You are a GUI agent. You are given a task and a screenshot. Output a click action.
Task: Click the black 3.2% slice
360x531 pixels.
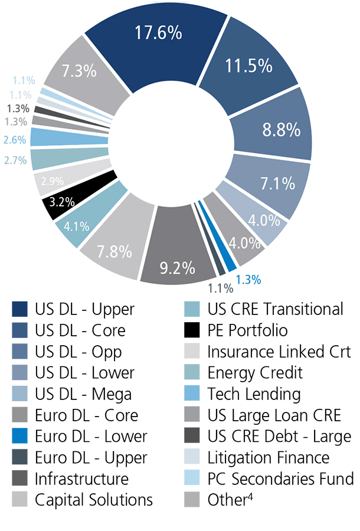[63, 202]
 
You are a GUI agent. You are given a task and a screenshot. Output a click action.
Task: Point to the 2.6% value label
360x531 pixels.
[14, 140]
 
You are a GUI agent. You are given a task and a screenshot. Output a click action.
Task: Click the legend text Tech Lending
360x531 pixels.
[254, 394]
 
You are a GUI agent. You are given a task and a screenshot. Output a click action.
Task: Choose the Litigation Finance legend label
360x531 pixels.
[268, 457]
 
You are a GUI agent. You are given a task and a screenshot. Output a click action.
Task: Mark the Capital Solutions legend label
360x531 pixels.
[94, 500]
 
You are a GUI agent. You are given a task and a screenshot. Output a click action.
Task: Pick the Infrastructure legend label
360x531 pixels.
[81, 478]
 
